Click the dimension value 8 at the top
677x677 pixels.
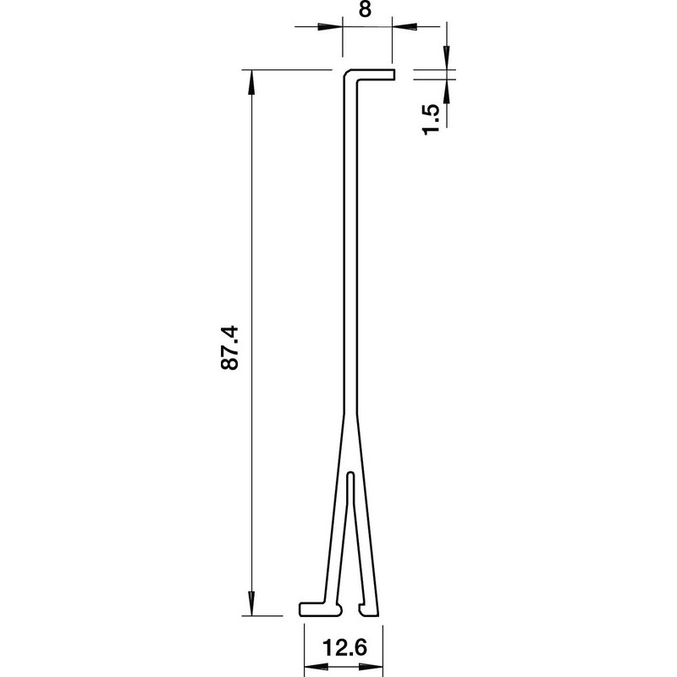[365, 8]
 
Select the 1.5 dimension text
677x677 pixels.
[432, 119]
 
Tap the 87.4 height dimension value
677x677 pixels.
[229, 348]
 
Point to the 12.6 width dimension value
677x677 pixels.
[344, 647]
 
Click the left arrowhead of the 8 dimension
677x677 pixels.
[330, 27]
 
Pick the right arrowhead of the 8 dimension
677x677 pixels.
[405, 27]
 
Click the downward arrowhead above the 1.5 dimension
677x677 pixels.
[447, 58]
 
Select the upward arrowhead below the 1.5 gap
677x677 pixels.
[447, 91]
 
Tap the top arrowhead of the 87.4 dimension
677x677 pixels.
[251, 82]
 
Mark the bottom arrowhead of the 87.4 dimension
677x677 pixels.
[251, 603]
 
